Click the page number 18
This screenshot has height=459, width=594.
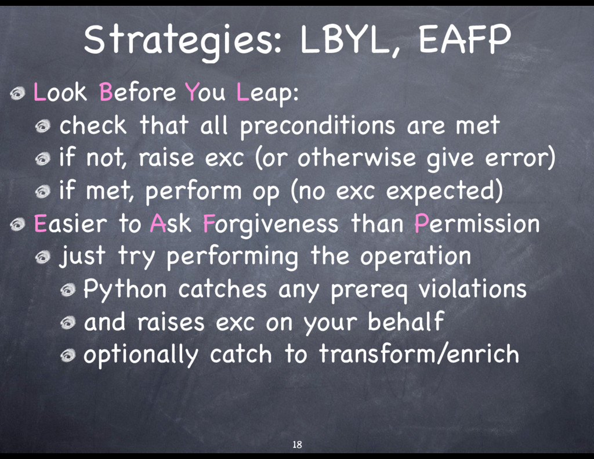coord(297,444)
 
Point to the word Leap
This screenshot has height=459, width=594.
coord(267,92)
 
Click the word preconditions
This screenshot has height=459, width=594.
coord(317,127)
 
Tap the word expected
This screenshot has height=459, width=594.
coord(444,190)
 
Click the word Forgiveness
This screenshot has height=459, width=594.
coord(270,224)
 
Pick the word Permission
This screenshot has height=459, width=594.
coord(477,223)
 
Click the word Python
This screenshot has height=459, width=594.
coord(125,290)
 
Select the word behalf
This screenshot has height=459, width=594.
coord(405,321)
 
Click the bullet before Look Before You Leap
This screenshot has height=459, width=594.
coord(18,93)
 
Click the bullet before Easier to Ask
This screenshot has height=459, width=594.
coord(18,225)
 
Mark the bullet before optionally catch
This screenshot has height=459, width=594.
coord(68,356)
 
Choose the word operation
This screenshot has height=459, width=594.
coord(415,256)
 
